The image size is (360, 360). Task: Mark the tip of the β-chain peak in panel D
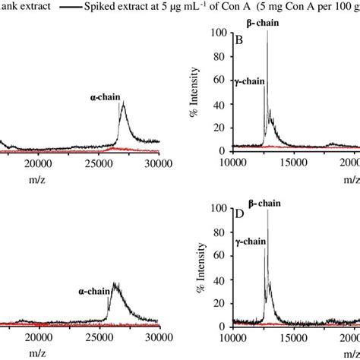(x=267, y=210)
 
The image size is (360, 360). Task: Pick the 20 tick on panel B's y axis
(x=222, y=128)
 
